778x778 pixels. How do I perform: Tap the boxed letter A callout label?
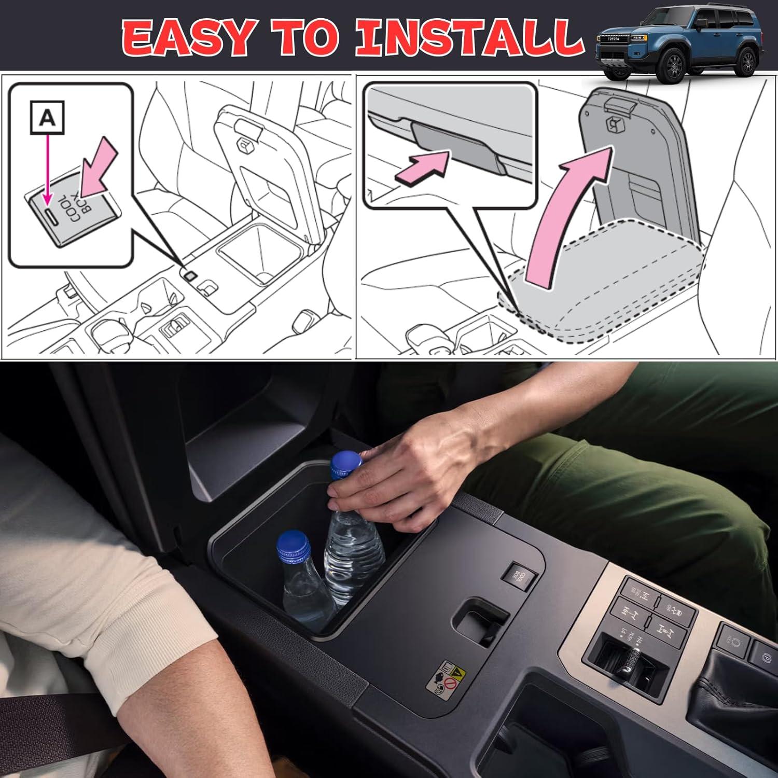coord(47,119)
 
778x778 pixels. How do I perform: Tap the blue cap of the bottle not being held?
coord(291,541)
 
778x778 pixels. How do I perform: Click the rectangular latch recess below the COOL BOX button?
coord(480,620)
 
